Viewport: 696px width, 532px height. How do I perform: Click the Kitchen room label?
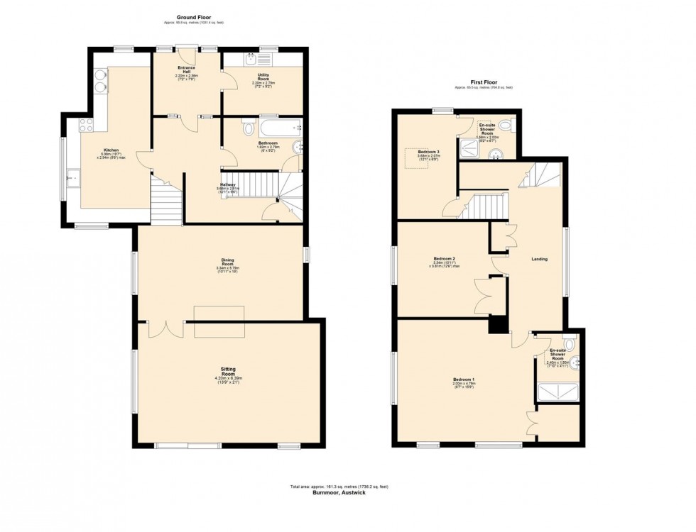pos(109,150)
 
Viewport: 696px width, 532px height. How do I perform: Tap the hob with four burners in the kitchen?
pos(87,125)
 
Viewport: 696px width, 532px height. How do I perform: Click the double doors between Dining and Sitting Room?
pos(165,328)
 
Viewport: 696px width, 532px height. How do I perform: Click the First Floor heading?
pos(483,82)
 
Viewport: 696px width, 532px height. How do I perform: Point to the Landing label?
pos(540,259)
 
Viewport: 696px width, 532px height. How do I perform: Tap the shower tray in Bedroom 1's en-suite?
pos(558,392)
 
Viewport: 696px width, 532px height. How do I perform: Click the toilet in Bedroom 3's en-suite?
pos(506,126)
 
